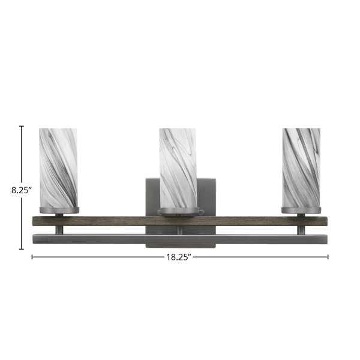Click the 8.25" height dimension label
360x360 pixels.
pos(22,190)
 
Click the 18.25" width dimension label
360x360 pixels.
pos(179,257)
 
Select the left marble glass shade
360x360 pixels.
pos(58,168)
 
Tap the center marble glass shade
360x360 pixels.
pos(178,168)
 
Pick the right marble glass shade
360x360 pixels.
pos(301,168)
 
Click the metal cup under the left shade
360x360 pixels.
pos(59,210)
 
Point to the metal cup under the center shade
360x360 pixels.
pos(179,211)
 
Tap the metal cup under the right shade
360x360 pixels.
pos(301,210)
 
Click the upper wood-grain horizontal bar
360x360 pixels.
pos(180,221)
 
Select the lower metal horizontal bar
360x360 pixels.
pos(180,239)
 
